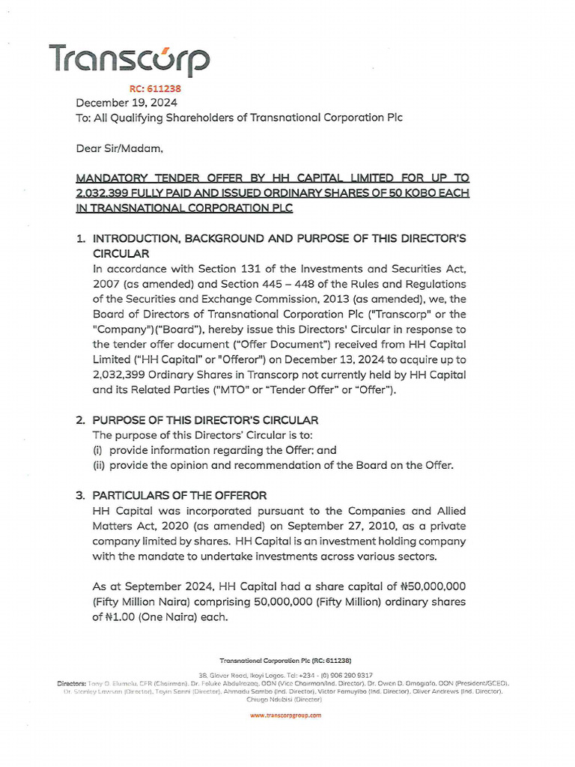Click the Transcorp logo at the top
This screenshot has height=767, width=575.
[x=129, y=61]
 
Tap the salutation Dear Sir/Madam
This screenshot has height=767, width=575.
[x=119, y=148]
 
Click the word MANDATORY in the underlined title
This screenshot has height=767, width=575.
[x=111, y=178]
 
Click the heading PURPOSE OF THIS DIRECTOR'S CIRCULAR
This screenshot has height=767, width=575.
[x=205, y=420]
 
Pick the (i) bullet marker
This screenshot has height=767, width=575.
[x=97, y=450]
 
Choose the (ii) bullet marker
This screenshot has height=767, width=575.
[x=99, y=465]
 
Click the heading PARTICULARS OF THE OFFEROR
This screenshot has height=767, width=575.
[x=180, y=496]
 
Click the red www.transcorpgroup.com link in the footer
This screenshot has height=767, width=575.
[x=285, y=715]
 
